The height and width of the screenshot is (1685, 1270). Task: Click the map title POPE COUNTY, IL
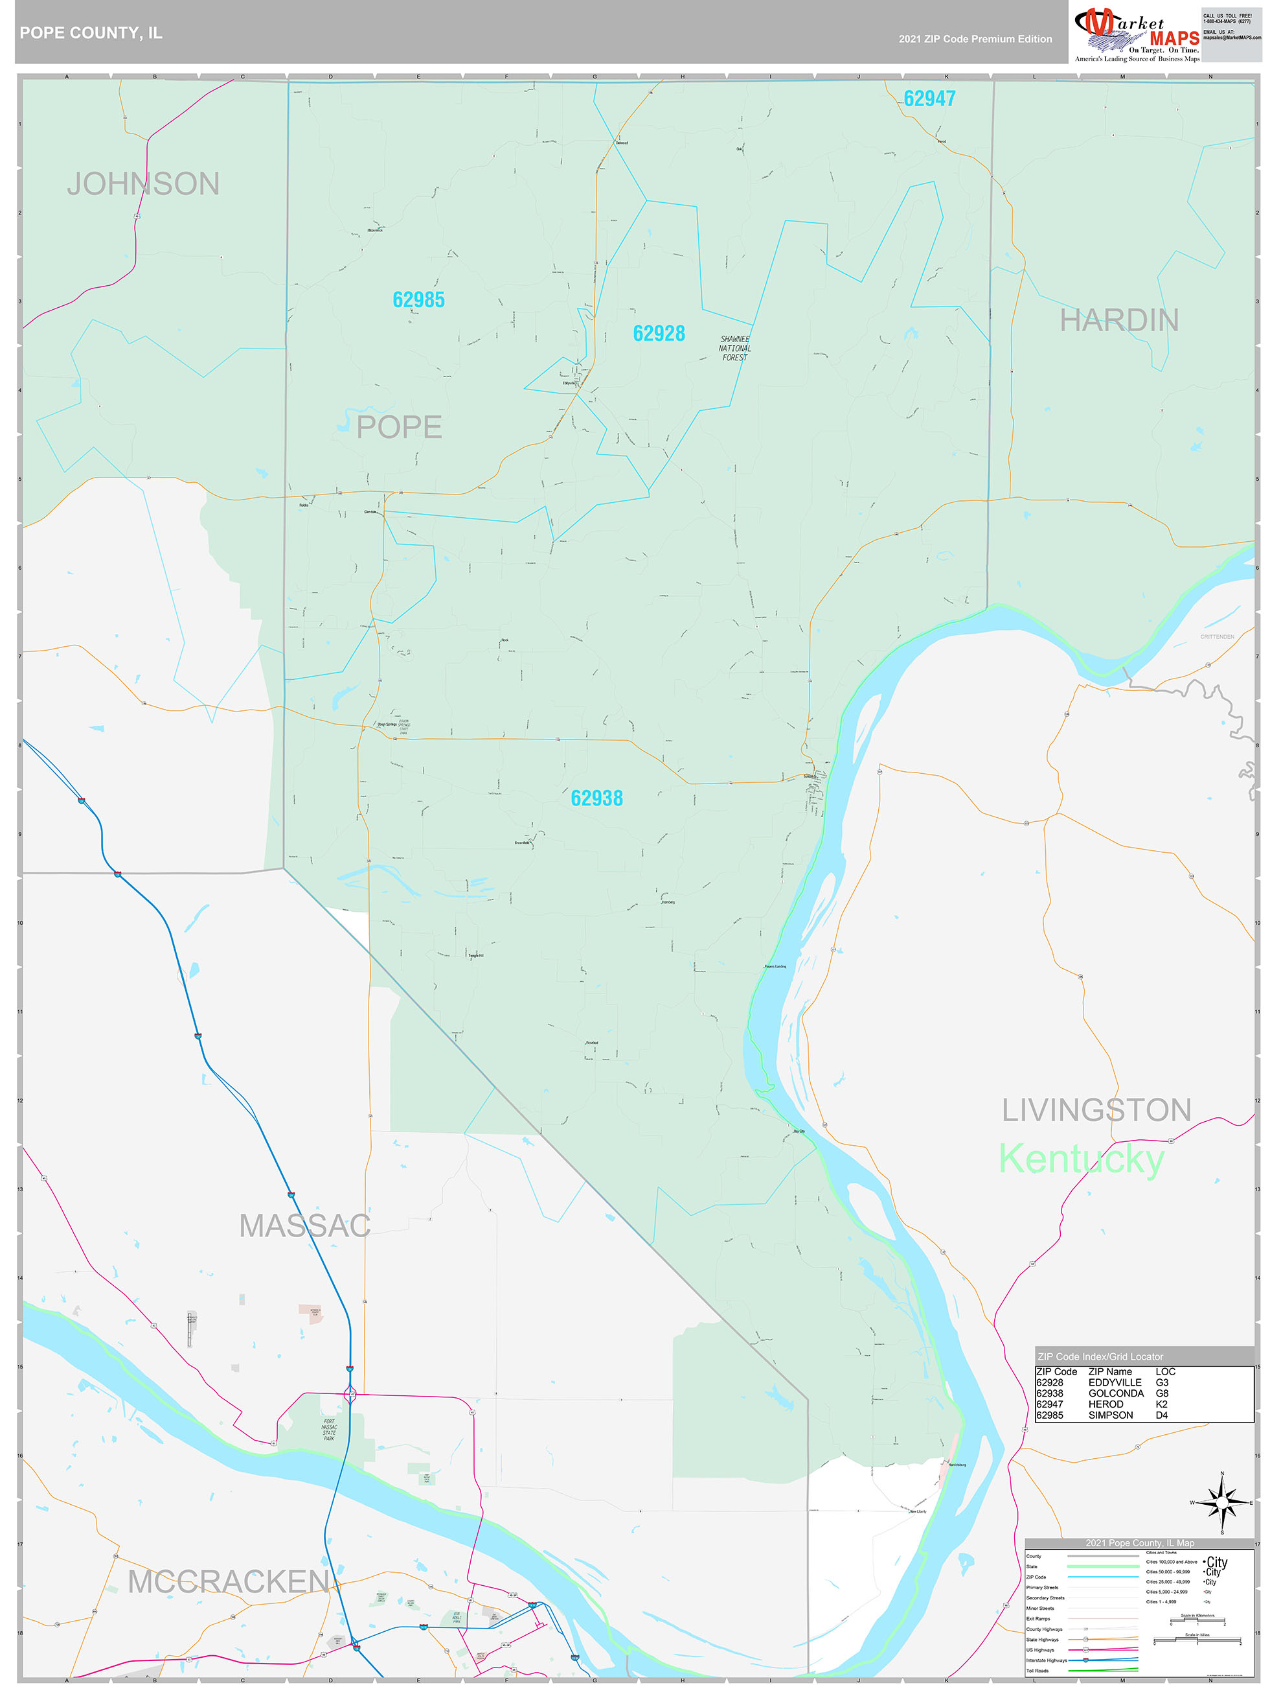91,33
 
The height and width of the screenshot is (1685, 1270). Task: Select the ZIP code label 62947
929,99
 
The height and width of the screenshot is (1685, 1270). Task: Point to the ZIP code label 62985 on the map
418,299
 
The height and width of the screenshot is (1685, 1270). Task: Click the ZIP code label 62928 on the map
659,333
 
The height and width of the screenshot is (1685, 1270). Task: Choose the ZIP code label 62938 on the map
596,798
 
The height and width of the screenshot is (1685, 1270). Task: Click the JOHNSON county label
143,183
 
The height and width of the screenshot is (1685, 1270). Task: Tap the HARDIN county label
1118,320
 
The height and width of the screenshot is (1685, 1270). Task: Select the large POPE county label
399,427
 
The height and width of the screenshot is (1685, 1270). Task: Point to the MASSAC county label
304,1226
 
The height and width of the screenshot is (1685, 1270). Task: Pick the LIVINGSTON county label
1096,1110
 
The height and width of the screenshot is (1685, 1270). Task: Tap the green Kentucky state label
1080,1159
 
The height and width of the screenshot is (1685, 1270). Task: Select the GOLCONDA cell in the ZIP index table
1115,1393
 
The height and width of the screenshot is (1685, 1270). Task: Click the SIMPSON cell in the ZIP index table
1110,1415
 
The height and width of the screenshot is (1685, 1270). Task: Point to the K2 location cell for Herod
1161,1404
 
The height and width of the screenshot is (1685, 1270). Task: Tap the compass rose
1221,1503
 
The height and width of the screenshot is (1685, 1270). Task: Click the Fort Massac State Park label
328,1430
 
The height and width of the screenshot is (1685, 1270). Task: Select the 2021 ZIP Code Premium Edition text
975,39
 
